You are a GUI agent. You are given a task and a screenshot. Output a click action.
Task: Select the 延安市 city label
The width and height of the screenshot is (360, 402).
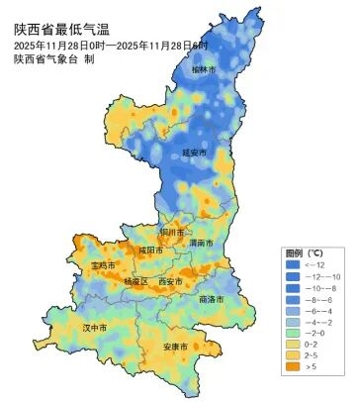click(x=195, y=153)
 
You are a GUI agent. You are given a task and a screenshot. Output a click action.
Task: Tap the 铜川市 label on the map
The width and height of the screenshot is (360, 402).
click(x=173, y=232)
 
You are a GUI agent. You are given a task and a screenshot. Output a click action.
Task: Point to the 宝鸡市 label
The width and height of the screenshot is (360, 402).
click(x=103, y=266)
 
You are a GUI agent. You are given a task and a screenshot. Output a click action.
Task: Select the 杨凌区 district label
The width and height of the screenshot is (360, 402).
click(x=135, y=282)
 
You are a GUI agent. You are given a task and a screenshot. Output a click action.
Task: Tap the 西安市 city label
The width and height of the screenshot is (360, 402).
click(x=170, y=282)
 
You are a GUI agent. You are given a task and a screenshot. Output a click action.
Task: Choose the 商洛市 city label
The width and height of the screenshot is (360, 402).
click(x=211, y=298)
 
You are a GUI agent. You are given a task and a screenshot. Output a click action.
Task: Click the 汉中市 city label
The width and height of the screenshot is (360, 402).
click(x=94, y=327)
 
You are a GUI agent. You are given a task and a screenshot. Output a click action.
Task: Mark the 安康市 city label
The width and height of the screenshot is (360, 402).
click(x=176, y=347)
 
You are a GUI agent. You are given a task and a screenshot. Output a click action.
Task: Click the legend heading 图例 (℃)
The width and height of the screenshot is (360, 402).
click(x=299, y=252)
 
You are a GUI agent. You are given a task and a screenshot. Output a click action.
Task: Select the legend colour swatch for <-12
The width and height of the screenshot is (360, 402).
click(x=292, y=265)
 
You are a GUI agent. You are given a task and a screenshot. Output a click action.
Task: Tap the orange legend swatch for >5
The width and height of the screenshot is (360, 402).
click(x=292, y=366)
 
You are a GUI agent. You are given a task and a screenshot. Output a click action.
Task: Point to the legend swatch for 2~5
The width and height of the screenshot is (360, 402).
click(x=292, y=354)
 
